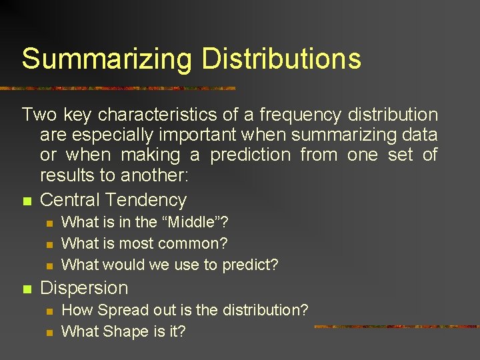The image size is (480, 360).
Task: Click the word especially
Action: coord(113,135)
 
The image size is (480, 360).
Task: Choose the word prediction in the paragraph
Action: coord(250,156)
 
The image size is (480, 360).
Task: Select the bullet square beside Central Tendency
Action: coord(26,201)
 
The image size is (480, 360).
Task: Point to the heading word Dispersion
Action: coord(84,288)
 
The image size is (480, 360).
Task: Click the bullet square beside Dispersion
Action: coord(26,289)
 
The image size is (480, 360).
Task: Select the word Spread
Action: coord(118,310)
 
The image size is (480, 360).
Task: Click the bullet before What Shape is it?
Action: coord(47,332)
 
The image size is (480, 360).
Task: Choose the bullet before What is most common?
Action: coord(47,244)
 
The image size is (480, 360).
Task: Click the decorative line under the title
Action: coord(120,88)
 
